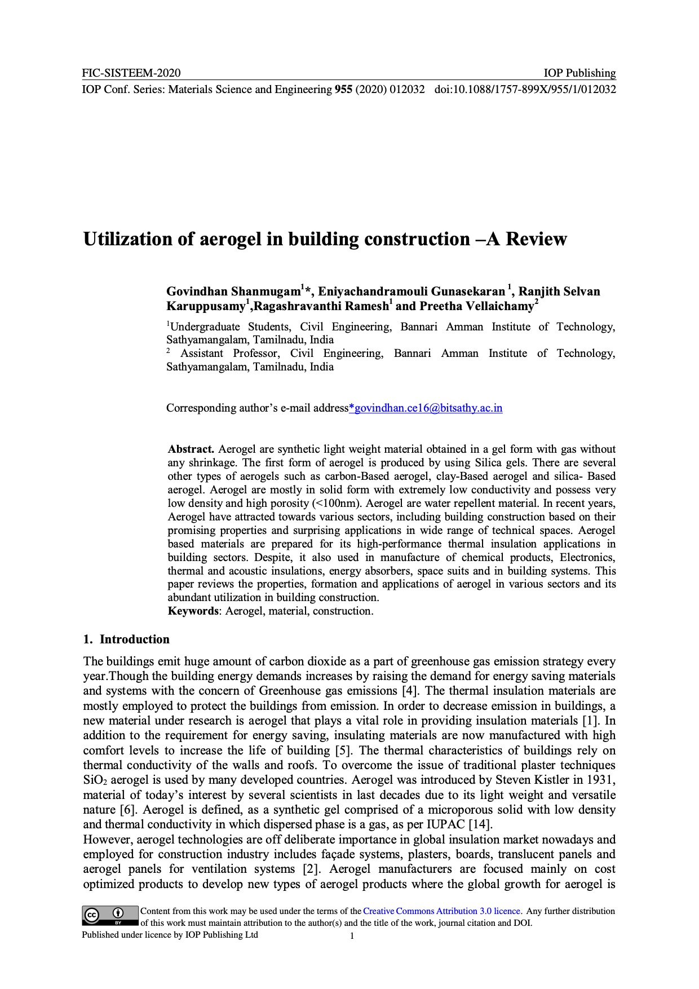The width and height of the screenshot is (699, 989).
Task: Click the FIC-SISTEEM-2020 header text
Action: point(131,73)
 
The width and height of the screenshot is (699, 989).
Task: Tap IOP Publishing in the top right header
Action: point(579,73)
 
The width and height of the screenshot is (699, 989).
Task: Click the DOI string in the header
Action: point(525,89)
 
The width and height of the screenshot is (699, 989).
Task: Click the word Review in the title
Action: point(536,239)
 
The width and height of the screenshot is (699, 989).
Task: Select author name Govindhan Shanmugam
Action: point(233,292)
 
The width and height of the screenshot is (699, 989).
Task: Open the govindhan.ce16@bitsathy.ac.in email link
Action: point(426,408)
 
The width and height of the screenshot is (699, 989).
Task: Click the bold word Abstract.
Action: point(191,449)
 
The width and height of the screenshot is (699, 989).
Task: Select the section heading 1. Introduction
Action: point(126,639)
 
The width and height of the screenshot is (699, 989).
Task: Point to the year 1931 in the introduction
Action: point(601,780)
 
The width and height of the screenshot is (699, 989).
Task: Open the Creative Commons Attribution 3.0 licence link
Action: point(442,911)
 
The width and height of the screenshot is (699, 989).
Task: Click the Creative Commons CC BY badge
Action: point(110,916)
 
